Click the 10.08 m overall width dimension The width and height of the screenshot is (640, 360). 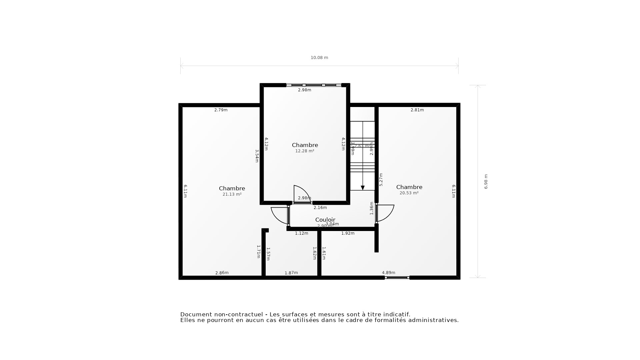(319, 58)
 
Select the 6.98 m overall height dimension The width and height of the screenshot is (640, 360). (486, 182)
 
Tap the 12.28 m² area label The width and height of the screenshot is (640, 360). (305, 151)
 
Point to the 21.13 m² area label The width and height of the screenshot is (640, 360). (232, 194)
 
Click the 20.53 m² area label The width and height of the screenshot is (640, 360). (409, 193)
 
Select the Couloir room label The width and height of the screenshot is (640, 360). (325, 220)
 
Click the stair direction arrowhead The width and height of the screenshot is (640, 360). (363, 188)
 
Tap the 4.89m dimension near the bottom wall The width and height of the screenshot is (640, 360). (388, 273)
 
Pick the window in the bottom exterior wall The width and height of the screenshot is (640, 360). (397, 278)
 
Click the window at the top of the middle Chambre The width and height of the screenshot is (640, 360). (314, 85)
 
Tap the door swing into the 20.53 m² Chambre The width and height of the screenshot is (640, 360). (386, 213)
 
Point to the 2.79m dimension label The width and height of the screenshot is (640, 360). (221, 110)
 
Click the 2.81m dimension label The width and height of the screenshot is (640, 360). (417, 110)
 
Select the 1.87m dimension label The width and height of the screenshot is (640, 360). (291, 273)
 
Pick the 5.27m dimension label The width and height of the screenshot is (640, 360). (381, 179)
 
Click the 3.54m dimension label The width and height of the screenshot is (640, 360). (257, 156)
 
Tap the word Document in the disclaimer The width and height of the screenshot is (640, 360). (196, 314)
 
